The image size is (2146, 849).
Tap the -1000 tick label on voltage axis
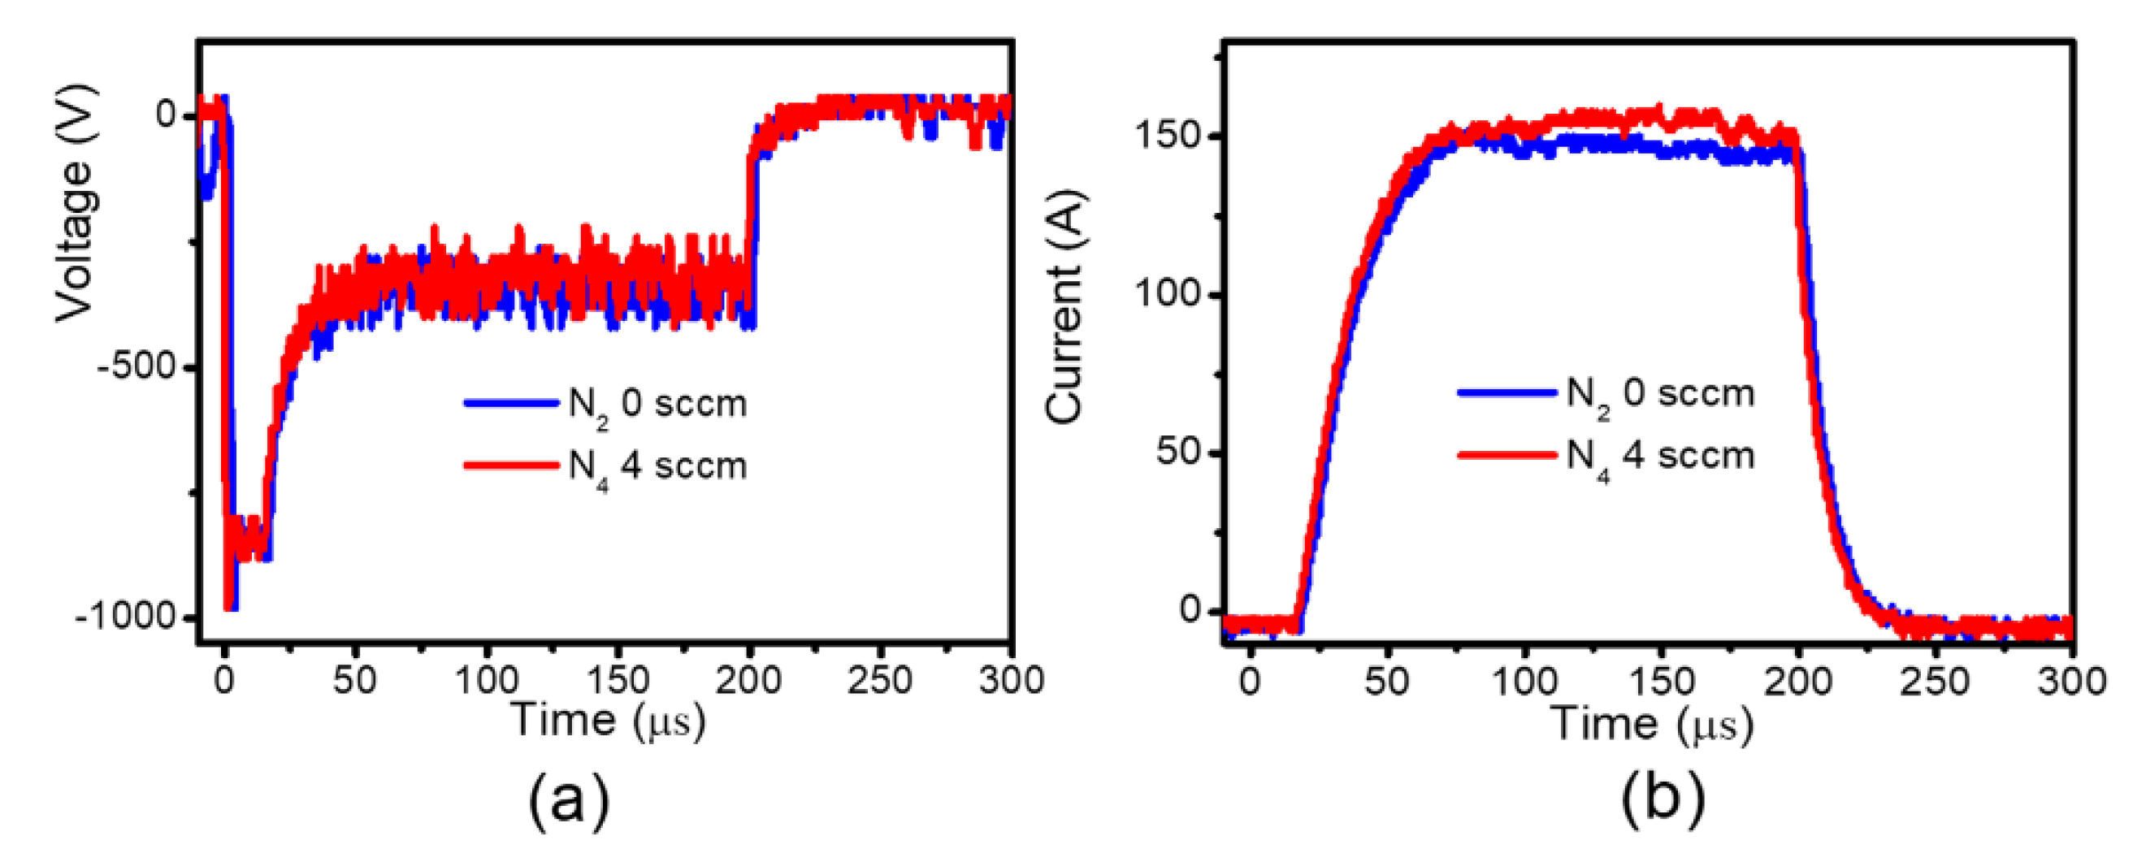(127, 617)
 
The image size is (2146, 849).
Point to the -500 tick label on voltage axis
(137, 367)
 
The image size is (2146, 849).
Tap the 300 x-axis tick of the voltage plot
(1011, 681)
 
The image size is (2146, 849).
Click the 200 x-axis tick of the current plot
(1797, 682)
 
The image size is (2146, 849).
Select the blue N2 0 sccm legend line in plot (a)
(510, 403)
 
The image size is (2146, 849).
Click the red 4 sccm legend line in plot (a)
(510, 465)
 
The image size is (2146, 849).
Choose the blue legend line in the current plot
(1507, 392)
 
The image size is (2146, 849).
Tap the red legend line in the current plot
(1507, 455)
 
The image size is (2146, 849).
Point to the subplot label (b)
(1662, 799)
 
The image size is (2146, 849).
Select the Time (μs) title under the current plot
(1653, 722)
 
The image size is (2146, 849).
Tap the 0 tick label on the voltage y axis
(167, 114)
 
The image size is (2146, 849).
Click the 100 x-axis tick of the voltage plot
(488, 681)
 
